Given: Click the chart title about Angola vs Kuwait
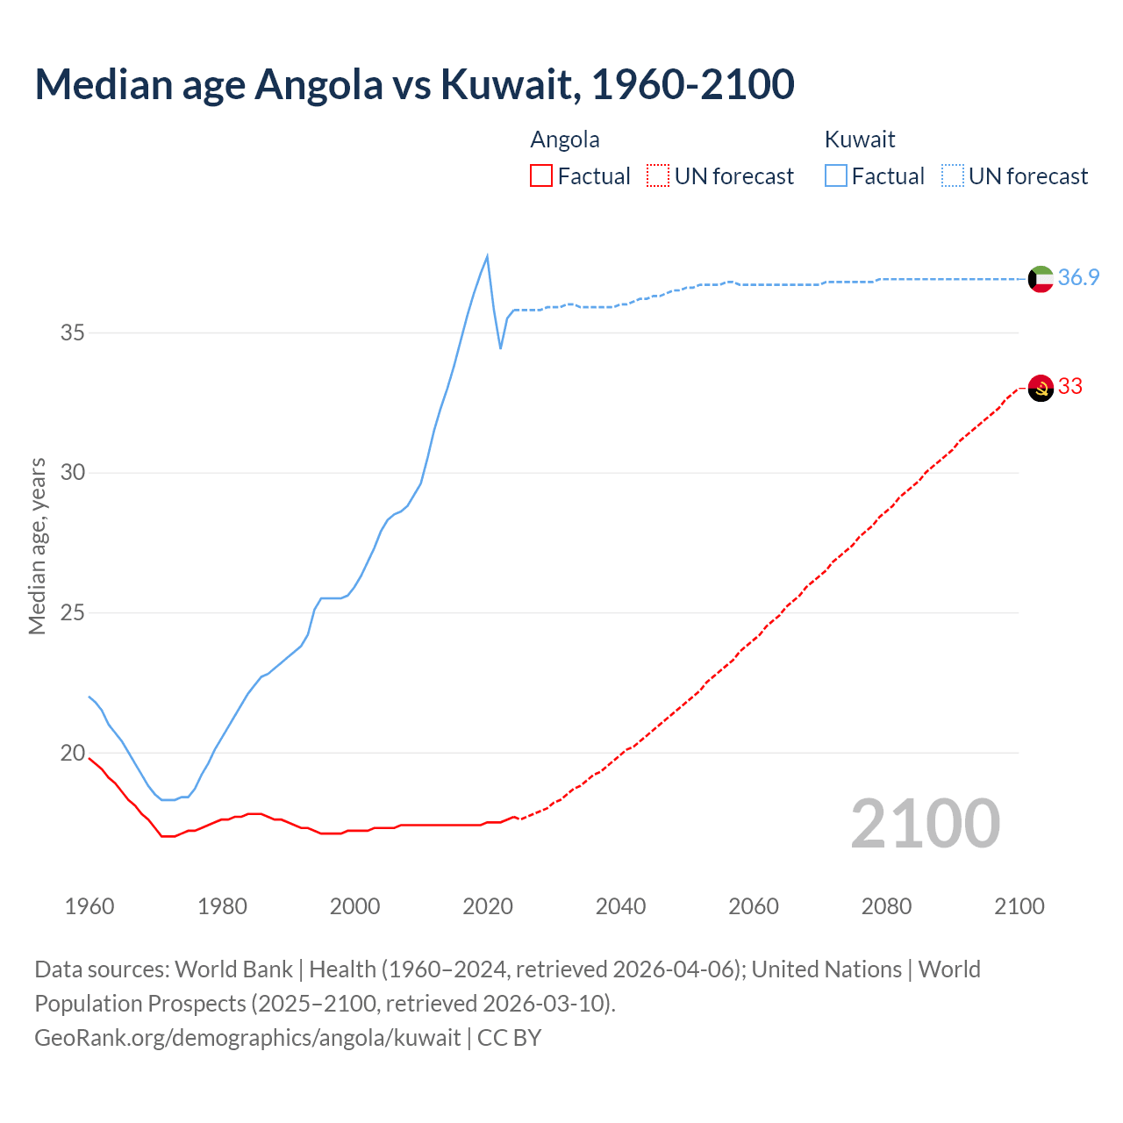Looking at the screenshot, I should [x=414, y=84].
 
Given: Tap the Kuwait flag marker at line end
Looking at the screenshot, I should [x=1041, y=279].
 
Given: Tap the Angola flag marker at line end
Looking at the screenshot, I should [x=1041, y=388].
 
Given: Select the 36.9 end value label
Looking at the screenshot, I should [x=1078, y=277].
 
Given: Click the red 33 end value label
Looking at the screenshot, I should [x=1069, y=386].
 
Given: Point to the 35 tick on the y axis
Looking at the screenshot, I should [x=73, y=333].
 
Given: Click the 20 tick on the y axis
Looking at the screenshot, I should [x=73, y=753].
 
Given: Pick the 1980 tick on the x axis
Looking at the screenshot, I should [x=222, y=906].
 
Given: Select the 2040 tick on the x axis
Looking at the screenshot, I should [x=620, y=906].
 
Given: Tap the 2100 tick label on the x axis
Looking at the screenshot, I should [x=1019, y=906].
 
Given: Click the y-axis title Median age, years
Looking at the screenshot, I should [x=37, y=546].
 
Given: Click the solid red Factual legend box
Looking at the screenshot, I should [x=541, y=175].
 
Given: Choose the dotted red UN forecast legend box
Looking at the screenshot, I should [x=658, y=175].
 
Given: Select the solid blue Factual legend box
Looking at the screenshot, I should [x=835, y=175].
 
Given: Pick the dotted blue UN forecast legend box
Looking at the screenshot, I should [x=952, y=175].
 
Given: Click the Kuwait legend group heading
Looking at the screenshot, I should [x=859, y=139].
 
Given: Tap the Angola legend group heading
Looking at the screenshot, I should [x=565, y=139].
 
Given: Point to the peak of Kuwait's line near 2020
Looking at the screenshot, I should [x=487, y=256].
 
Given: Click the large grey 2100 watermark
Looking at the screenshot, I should [x=925, y=823].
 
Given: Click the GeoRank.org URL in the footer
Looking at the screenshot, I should [x=247, y=1038].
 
